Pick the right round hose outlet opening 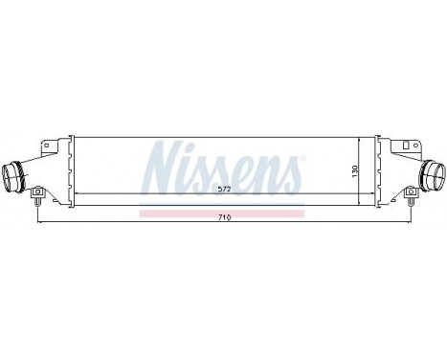pyautogui.click(x=435, y=176)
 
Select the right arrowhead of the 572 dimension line pyautogui.click(x=357, y=195)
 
